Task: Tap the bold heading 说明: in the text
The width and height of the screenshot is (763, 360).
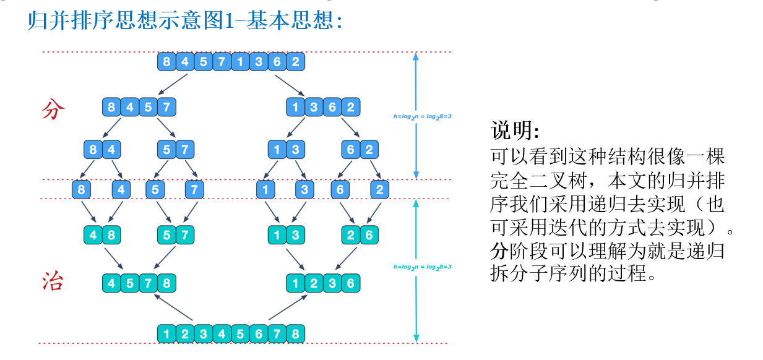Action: click(515, 131)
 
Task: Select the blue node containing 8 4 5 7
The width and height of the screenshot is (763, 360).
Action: click(139, 108)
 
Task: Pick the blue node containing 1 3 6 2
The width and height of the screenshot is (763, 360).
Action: click(322, 108)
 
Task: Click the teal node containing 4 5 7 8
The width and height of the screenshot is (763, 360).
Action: click(139, 283)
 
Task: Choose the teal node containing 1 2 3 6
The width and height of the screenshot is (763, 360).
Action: click(322, 283)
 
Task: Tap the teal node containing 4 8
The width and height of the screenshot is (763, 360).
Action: click(102, 235)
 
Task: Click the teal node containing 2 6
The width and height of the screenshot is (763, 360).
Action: click(360, 235)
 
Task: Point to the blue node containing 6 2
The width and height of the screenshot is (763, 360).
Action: click(360, 150)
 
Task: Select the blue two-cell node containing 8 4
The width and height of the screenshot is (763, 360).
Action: click(102, 150)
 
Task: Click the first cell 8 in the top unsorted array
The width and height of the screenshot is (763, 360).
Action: click(167, 62)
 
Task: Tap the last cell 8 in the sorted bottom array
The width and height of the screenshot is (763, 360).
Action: click(296, 334)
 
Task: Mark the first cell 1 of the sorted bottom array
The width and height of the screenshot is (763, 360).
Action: click(167, 334)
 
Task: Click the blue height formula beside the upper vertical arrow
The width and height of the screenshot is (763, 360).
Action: click(423, 116)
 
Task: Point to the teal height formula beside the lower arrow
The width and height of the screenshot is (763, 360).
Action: click(423, 267)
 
